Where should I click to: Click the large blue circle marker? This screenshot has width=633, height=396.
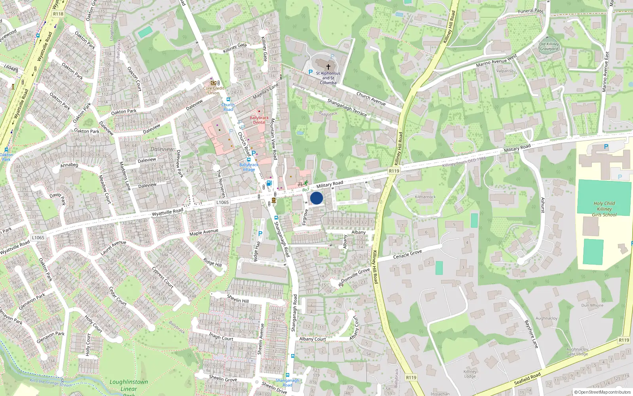(x=316, y=198)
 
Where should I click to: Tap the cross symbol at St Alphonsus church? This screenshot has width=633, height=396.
(x=328, y=67)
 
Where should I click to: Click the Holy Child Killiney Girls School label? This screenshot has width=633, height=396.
(x=604, y=209)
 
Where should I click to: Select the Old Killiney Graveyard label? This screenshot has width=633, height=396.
(x=549, y=47)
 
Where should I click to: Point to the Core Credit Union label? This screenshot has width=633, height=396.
(x=214, y=91)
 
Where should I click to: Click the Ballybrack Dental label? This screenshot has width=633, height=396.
(x=259, y=120)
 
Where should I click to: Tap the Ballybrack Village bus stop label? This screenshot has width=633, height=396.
(x=249, y=167)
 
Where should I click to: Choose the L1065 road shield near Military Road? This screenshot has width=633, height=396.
(x=222, y=202)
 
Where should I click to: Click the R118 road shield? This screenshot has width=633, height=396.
(x=58, y=14)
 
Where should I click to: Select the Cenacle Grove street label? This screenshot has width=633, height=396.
(x=407, y=255)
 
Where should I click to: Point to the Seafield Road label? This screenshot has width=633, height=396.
(x=527, y=379)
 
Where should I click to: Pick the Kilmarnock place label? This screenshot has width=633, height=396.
(x=425, y=197)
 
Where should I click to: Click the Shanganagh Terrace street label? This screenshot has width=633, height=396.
(x=347, y=108)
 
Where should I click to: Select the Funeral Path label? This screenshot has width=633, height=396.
(x=531, y=11)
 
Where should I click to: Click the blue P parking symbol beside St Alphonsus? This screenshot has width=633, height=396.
(x=311, y=72)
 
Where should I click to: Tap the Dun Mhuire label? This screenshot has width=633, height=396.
(x=592, y=305)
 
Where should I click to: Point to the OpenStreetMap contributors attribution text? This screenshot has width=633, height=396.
(x=603, y=392)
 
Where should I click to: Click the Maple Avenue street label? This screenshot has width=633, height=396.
(x=204, y=232)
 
